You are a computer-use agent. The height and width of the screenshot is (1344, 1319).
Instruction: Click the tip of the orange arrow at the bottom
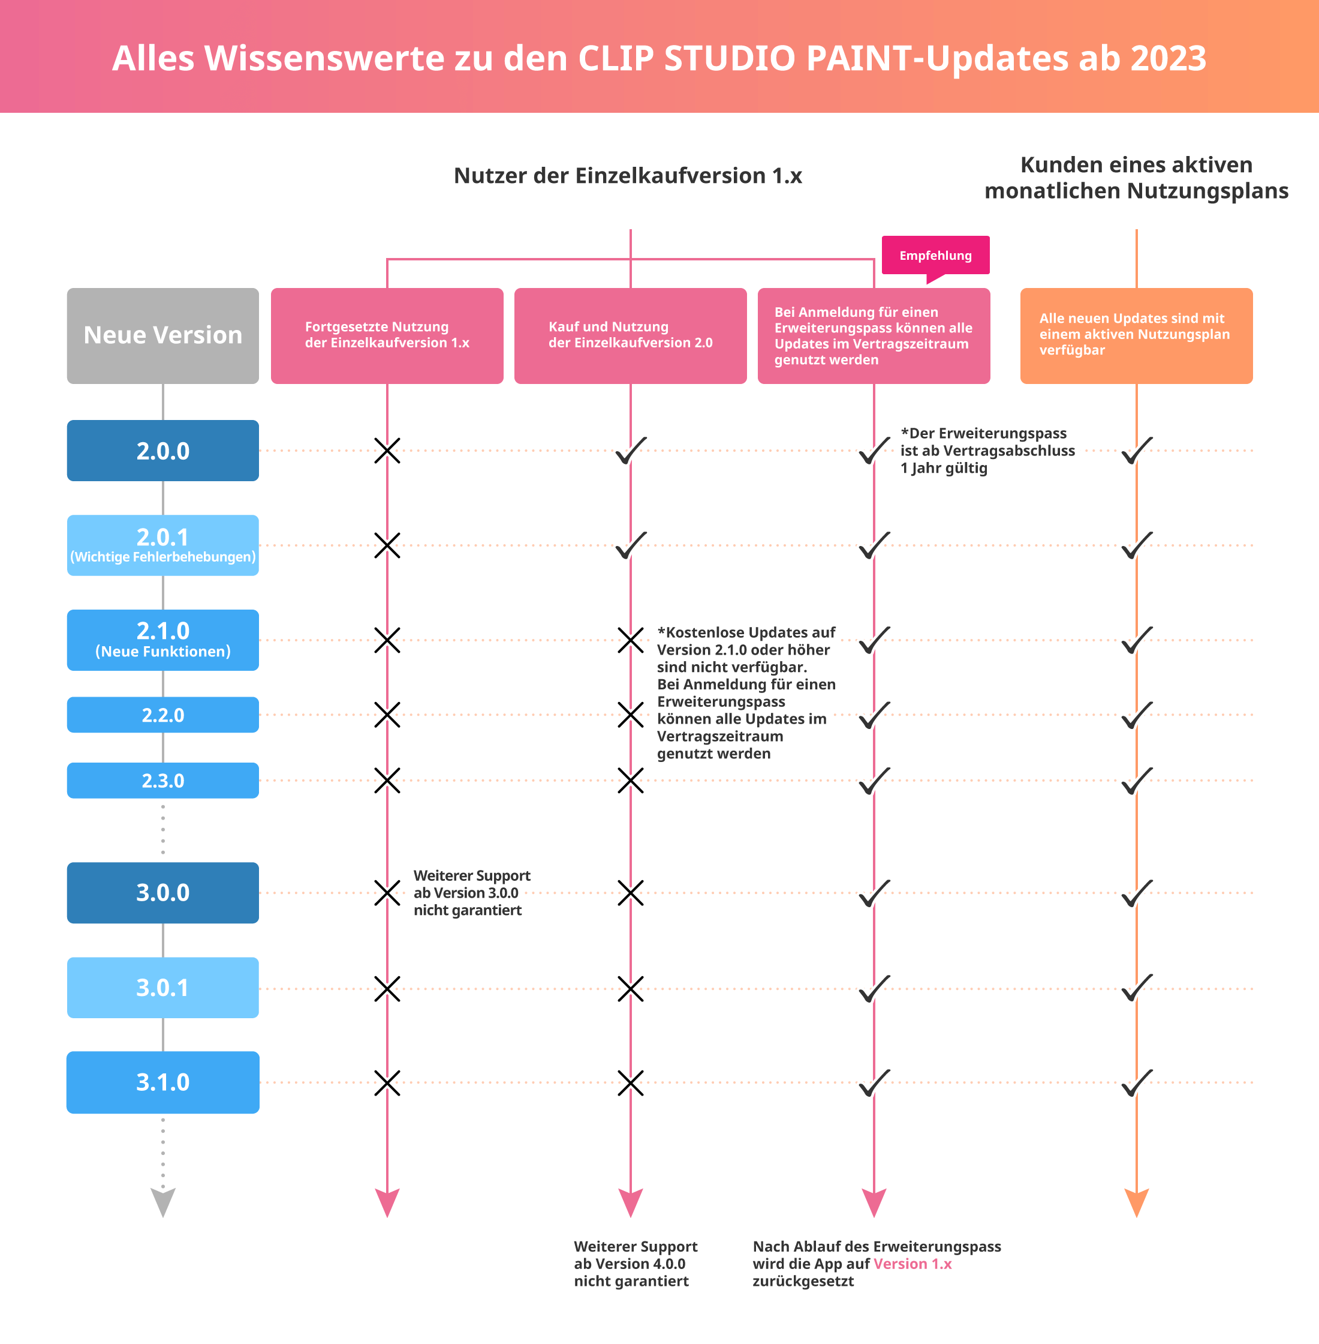coord(1136,1217)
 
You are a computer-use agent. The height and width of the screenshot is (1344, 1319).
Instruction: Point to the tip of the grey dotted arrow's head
coord(163,1217)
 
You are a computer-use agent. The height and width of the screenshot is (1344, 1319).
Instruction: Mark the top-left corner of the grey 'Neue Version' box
coord(67,289)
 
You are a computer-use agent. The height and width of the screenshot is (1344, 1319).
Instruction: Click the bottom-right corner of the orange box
coord(1252,383)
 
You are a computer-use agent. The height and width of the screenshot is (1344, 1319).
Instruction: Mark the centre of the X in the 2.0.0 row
coord(387,451)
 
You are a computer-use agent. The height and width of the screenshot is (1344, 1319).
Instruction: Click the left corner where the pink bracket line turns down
coord(387,260)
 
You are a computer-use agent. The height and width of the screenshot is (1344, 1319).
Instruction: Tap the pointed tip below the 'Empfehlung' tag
coord(927,283)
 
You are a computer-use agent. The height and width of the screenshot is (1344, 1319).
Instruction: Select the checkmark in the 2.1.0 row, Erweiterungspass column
coord(874,640)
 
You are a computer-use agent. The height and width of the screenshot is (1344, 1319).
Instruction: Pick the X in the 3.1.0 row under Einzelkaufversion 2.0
coord(630,1082)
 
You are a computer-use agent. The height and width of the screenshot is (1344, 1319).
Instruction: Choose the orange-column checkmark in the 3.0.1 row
coord(1137,988)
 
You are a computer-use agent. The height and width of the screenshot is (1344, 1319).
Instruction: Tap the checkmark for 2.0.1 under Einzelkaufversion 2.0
coord(631,545)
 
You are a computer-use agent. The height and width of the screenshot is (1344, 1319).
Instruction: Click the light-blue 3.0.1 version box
coord(163,987)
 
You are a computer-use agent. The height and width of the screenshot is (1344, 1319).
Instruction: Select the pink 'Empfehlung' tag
coord(935,255)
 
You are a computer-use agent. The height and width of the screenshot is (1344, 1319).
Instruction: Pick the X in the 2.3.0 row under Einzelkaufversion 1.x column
coord(387,781)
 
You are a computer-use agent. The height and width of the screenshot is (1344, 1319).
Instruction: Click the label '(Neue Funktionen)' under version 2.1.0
coord(163,652)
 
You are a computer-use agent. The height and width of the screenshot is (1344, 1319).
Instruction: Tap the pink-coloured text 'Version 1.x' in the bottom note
coord(913,1264)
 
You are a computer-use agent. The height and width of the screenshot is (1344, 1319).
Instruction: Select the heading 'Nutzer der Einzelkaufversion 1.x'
coord(628,175)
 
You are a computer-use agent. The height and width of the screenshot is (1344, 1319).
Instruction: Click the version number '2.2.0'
coord(163,715)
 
